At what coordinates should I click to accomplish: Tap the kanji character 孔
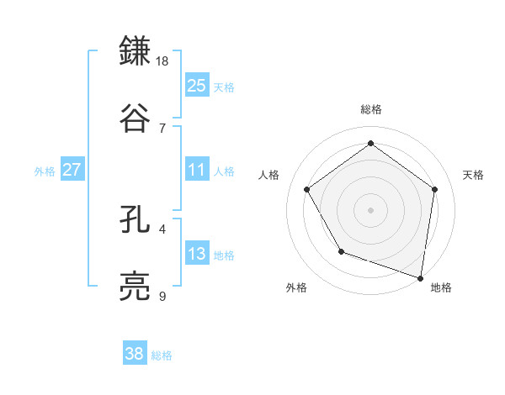pyautogui.click(x=138, y=221)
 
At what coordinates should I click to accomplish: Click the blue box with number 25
pyautogui.click(x=197, y=85)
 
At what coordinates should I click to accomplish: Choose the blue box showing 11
pyautogui.click(x=197, y=170)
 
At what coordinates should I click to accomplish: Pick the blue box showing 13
pyautogui.click(x=197, y=254)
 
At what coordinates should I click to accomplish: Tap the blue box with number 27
pyautogui.click(x=72, y=170)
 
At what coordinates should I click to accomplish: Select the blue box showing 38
pyautogui.click(x=135, y=354)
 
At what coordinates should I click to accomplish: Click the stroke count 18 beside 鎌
pyautogui.click(x=163, y=61)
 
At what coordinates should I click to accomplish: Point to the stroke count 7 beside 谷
pyautogui.click(x=162, y=127)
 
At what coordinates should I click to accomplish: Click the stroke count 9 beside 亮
pyautogui.click(x=162, y=296)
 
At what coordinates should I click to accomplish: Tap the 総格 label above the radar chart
pyautogui.click(x=371, y=109)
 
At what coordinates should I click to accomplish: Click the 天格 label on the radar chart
pyautogui.click(x=473, y=175)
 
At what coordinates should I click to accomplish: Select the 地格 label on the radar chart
pyautogui.click(x=441, y=287)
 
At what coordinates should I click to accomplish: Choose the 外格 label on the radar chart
pyautogui.click(x=296, y=287)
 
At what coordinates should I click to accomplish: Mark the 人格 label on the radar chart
pyautogui.click(x=269, y=175)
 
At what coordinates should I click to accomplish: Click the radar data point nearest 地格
pyautogui.click(x=421, y=276)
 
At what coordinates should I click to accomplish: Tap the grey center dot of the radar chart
pyautogui.click(x=371, y=209)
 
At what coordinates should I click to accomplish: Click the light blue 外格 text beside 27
pyautogui.click(x=45, y=171)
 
